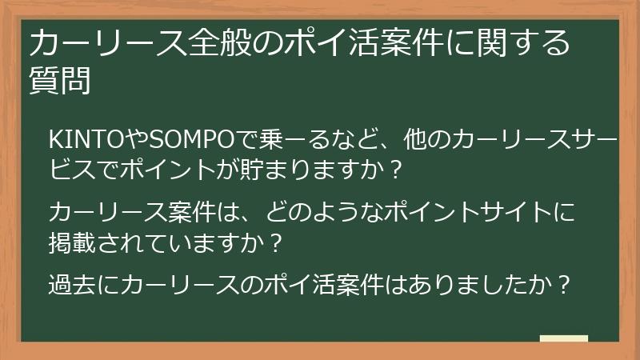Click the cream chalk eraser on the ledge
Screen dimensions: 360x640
tap(563, 338)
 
